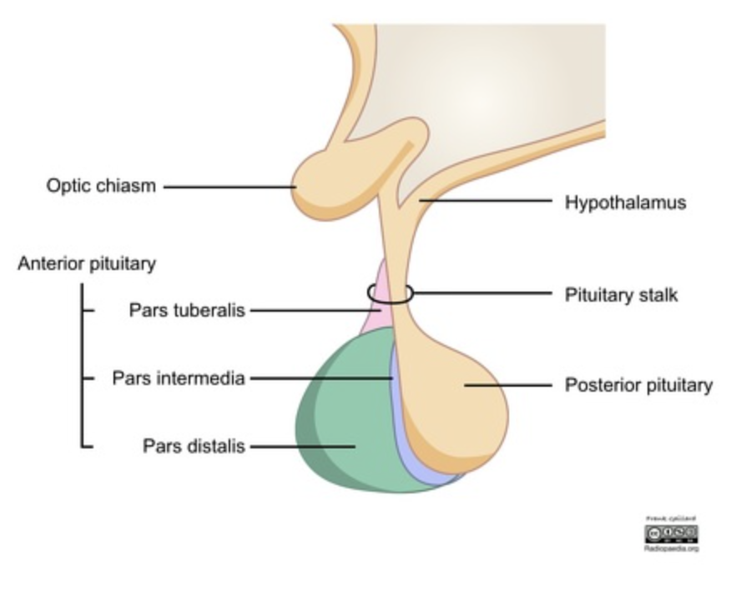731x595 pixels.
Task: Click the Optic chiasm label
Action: (x=101, y=186)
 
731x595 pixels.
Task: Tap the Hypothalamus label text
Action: (x=625, y=202)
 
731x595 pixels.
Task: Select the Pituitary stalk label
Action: (x=621, y=295)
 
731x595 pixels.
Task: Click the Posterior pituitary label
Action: (x=638, y=385)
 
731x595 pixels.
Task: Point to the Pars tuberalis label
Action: (x=187, y=310)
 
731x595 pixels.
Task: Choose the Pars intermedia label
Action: (x=179, y=378)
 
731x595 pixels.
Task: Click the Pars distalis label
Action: (x=194, y=446)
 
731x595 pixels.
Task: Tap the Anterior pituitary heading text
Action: (x=87, y=264)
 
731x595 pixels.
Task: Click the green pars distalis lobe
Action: (x=342, y=425)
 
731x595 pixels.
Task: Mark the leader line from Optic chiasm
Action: (x=229, y=187)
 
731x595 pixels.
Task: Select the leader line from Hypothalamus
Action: (x=484, y=201)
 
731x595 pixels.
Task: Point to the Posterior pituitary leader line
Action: (x=509, y=385)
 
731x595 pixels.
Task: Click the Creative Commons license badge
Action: (x=671, y=532)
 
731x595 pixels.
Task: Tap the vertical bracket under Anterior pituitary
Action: (x=82, y=367)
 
